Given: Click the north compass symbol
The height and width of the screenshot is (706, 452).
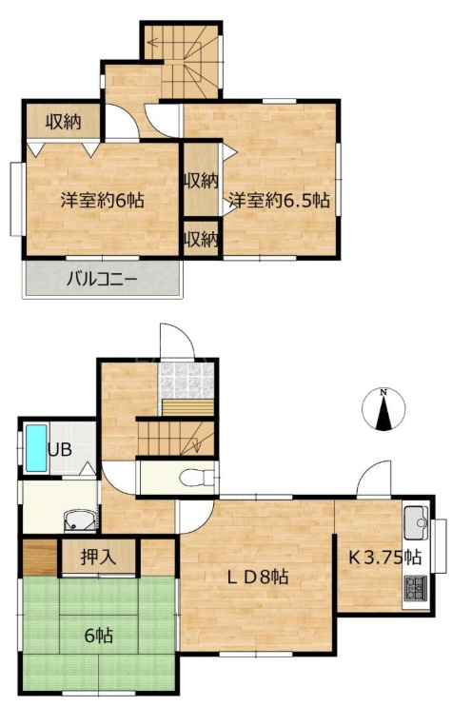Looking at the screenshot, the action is (383, 409).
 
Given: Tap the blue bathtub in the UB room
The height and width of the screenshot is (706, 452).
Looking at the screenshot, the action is (36, 448).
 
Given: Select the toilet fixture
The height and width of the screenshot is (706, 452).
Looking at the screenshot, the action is (198, 478).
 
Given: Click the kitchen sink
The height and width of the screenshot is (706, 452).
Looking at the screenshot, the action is (416, 522).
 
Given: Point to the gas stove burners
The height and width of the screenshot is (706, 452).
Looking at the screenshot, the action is (416, 588).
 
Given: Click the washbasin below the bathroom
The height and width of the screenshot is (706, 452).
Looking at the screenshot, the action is (80, 521).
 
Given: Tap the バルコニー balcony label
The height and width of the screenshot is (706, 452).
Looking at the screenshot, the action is (102, 280).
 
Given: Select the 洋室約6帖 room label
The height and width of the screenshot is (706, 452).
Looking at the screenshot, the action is (103, 200).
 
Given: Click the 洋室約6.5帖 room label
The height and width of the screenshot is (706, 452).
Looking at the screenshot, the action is (279, 200).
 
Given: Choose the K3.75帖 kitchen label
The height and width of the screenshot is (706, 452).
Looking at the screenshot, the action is (385, 558).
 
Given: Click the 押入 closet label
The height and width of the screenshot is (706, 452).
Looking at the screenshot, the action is (99, 557).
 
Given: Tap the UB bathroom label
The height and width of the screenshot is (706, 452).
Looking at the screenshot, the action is (60, 449).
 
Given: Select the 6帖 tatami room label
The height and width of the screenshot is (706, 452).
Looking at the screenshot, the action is (99, 636).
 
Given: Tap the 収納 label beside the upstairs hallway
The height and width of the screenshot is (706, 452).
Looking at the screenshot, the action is (63, 122).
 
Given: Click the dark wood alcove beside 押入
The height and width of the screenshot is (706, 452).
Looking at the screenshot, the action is (40, 557).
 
